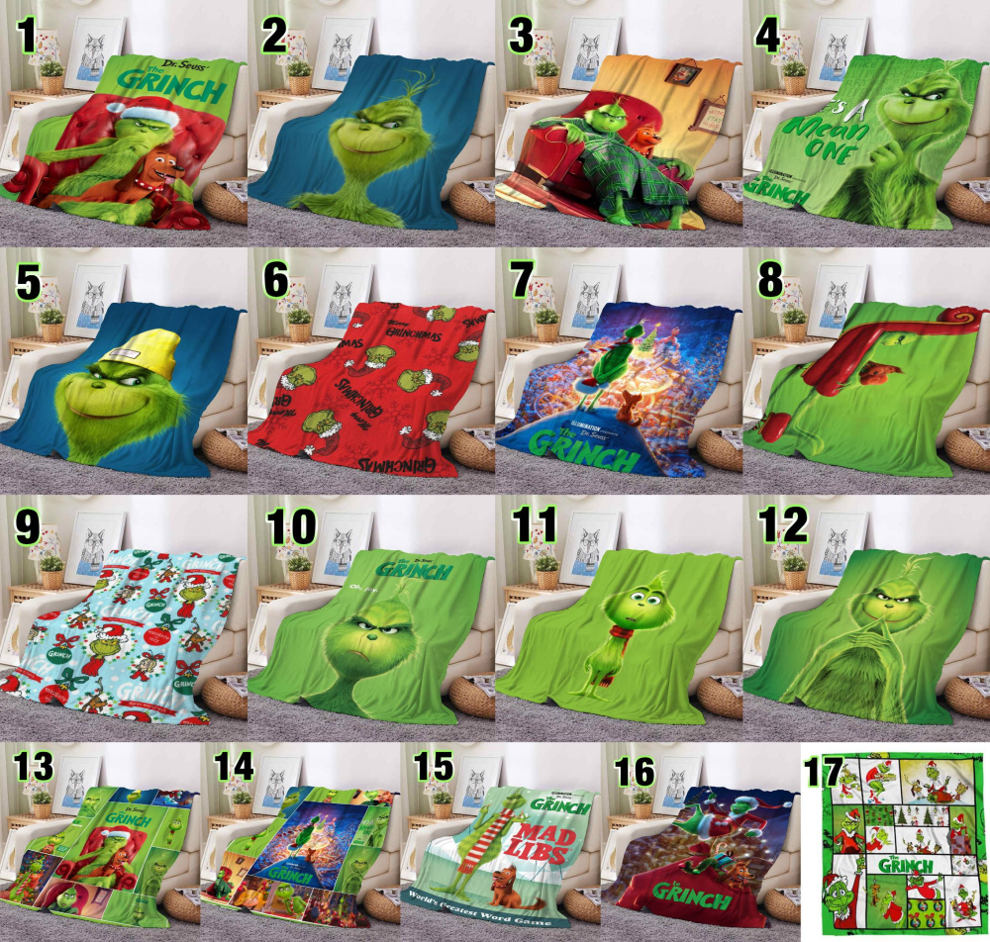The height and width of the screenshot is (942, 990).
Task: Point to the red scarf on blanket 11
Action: (622, 628)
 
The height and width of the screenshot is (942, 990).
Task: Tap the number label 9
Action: (27, 524)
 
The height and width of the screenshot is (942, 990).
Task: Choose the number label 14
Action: (234, 770)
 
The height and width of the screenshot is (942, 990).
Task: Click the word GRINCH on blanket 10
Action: (419, 571)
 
